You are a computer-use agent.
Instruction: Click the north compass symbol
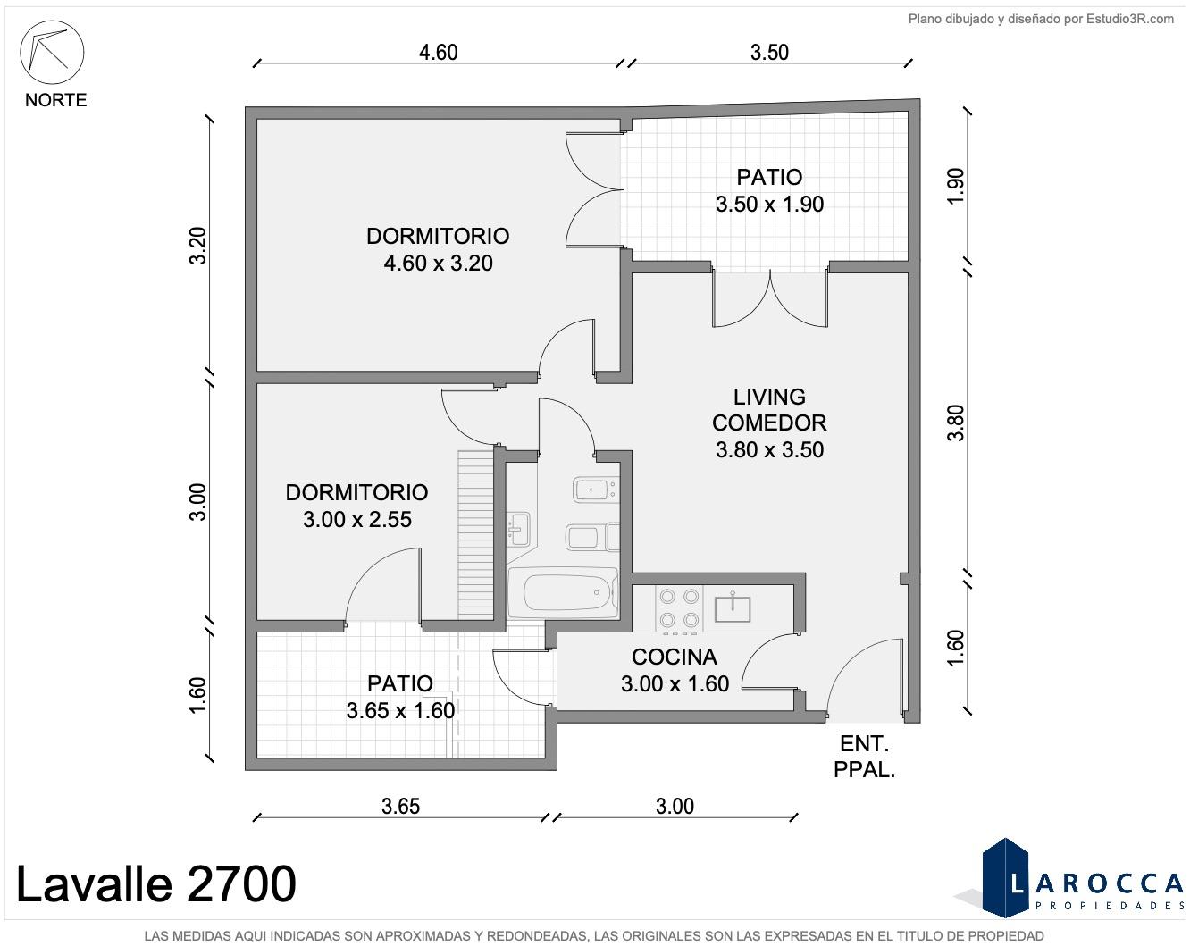click(52, 53)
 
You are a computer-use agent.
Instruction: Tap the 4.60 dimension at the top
click(438, 53)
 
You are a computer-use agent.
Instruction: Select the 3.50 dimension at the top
click(769, 53)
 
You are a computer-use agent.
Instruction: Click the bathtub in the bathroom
click(562, 592)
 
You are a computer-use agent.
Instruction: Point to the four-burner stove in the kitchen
click(679, 607)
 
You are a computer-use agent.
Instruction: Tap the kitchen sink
click(733, 607)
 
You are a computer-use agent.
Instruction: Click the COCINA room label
click(675, 657)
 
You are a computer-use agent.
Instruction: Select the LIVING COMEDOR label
click(769, 410)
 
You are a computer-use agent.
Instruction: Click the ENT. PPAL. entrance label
click(864, 757)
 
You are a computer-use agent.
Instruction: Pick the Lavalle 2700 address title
click(156, 883)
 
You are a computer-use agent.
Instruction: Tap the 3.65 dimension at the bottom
click(400, 806)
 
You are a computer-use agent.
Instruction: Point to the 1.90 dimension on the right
click(956, 186)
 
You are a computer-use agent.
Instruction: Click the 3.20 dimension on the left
click(197, 246)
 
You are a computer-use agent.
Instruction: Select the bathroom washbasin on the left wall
click(518, 529)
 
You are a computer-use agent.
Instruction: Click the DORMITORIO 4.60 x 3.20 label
click(438, 249)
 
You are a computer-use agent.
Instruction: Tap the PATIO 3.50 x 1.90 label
click(769, 191)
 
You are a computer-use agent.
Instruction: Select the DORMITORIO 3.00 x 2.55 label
click(356, 506)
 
